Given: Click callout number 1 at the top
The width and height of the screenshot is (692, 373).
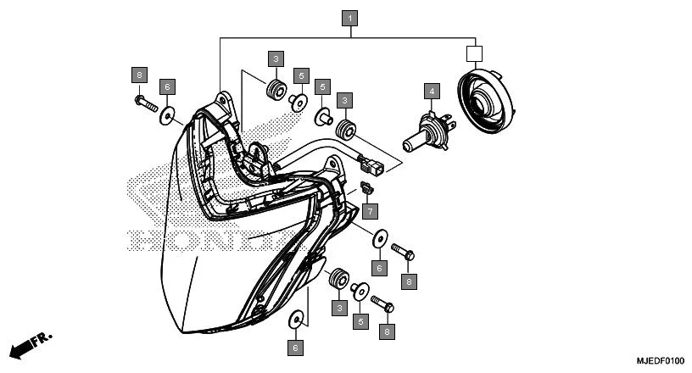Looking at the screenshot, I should pos(351,17).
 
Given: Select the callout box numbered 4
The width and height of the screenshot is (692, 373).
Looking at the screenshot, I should pos(432,91).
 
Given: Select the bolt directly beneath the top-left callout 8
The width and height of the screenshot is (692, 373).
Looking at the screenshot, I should pos(145,105).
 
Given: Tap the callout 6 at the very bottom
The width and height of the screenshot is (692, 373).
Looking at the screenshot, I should pos(296,348).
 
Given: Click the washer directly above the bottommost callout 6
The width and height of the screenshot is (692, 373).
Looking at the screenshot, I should pos(296,320).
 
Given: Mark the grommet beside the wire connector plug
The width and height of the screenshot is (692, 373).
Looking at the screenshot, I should pos(346,131).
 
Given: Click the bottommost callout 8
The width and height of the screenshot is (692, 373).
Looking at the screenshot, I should pos(387,331).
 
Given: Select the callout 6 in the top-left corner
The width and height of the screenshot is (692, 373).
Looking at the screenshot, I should pos(168,86).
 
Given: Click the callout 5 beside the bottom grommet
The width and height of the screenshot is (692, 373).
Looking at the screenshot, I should pos(360,321).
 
